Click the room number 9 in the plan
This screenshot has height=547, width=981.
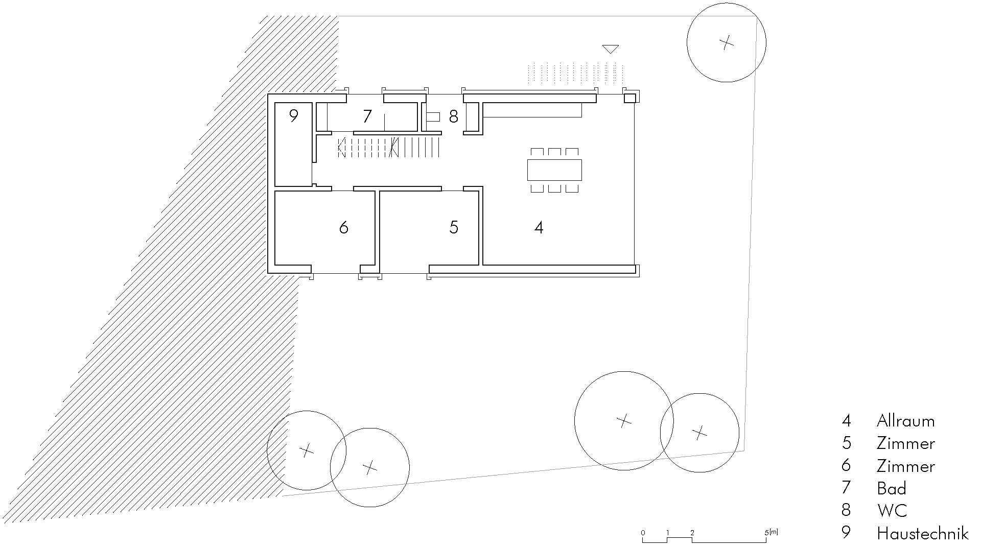pyautogui.click(x=293, y=116)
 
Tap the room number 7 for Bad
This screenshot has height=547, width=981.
pyautogui.click(x=367, y=116)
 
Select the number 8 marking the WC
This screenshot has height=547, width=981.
pyautogui.click(x=453, y=117)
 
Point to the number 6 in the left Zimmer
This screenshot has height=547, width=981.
pyautogui.click(x=344, y=227)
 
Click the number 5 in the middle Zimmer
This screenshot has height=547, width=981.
pyautogui.click(x=454, y=227)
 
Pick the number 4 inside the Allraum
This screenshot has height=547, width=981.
pyautogui.click(x=539, y=227)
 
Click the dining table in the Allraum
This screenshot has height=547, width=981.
pyautogui.click(x=554, y=170)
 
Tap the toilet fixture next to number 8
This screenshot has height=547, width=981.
pyautogui.click(x=432, y=117)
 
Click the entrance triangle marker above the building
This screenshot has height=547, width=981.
pyautogui.click(x=611, y=49)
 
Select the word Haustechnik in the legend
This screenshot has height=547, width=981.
pyautogui.click(x=922, y=533)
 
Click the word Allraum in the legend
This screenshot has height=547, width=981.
pyautogui.click(x=905, y=421)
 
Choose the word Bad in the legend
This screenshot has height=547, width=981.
pyautogui.click(x=892, y=488)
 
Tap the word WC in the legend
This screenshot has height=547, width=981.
pyautogui.click(x=892, y=510)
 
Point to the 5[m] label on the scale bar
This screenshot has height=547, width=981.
pyautogui.click(x=771, y=533)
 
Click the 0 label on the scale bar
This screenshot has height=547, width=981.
pyautogui.click(x=643, y=533)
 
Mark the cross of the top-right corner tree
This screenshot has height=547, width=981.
pyautogui.click(x=726, y=42)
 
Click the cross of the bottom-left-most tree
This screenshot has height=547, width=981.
pyautogui.click(x=306, y=450)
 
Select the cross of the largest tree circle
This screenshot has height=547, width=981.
pyautogui.click(x=624, y=421)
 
